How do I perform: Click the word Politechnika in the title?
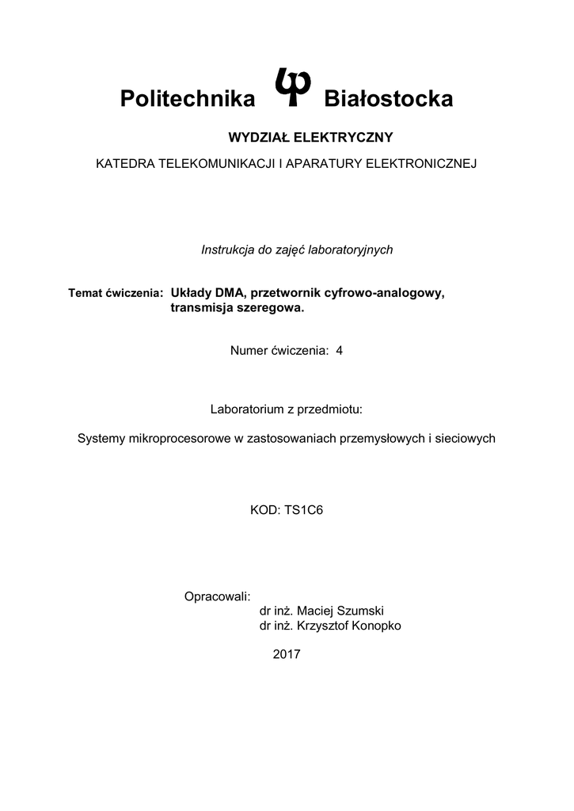point(188,99)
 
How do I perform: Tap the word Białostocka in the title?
point(389,99)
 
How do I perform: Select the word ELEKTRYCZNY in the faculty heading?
point(344,137)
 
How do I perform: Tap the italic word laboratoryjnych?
point(351,249)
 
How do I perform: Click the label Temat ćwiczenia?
point(116,293)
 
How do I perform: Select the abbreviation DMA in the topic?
point(229,293)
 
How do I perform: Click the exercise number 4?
point(340,351)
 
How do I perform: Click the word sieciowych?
point(468,438)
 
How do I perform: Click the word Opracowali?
point(217,596)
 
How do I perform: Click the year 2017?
point(287,654)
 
